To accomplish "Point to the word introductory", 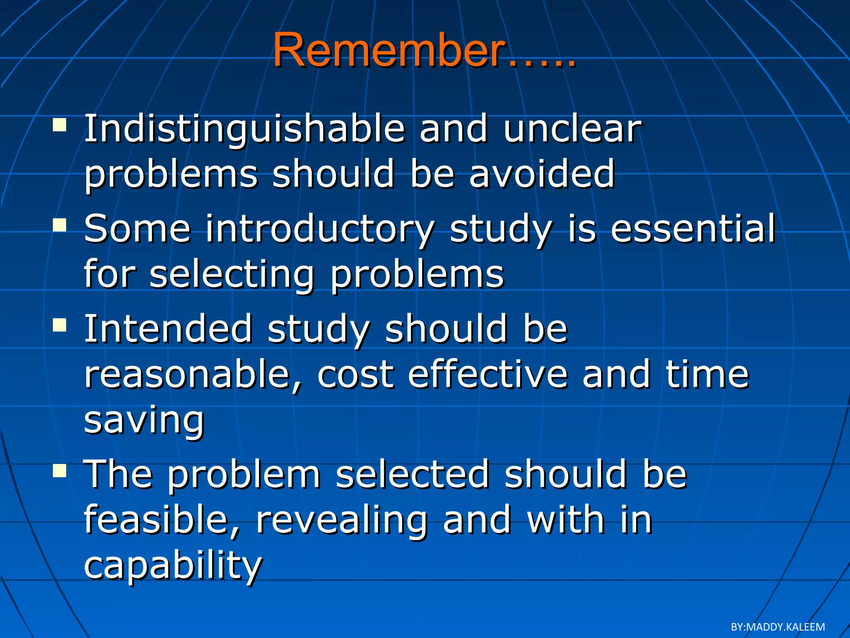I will click(x=320, y=229).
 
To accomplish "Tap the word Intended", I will click(x=168, y=329).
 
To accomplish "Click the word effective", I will click(x=487, y=375).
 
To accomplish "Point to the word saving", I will click(x=144, y=420).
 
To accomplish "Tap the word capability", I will click(x=173, y=566).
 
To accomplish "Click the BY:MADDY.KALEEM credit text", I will click(x=777, y=627).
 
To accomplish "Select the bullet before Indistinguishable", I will click(x=60, y=124).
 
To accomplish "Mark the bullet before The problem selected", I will click(x=60, y=470).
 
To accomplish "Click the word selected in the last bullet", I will click(x=412, y=474).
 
